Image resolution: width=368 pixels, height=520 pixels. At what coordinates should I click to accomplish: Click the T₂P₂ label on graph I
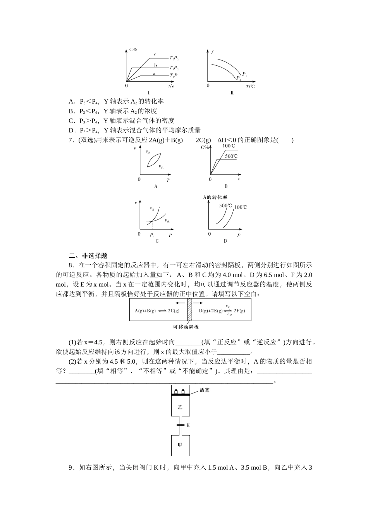point(174,58)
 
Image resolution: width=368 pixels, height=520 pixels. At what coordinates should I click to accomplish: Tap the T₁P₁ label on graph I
point(174,75)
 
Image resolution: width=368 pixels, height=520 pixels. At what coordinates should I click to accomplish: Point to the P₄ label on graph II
point(239,78)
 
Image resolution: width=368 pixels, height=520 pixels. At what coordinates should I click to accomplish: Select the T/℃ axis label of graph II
point(250,86)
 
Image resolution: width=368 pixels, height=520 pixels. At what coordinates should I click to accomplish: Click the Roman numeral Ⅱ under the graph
point(232,93)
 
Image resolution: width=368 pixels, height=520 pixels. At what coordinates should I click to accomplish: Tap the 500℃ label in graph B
point(231,156)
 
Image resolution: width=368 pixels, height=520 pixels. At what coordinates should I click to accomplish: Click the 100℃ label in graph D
point(240,207)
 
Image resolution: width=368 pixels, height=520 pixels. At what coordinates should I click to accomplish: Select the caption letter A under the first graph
point(156,186)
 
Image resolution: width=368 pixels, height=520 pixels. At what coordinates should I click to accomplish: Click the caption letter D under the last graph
point(225,241)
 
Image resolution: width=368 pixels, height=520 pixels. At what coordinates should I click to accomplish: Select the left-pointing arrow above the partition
point(179,303)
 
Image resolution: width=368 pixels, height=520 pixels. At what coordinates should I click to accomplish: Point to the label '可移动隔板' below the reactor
point(186,327)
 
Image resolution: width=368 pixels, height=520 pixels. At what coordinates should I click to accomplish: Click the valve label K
point(188,425)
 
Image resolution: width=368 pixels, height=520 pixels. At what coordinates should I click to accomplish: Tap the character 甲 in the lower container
point(180,445)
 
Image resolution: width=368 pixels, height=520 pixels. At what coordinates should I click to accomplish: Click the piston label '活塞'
point(204,390)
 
